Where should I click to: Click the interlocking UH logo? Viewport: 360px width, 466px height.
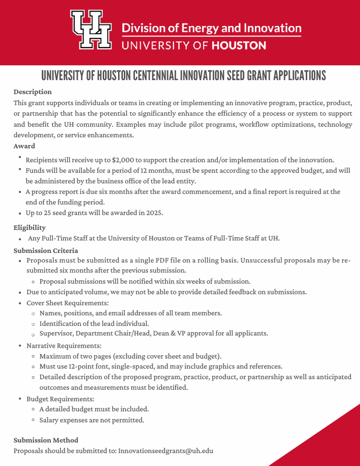[x=91, y=30]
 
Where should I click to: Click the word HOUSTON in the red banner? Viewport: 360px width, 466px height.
[x=239, y=46]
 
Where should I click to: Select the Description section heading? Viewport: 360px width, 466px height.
[x=33, y=92]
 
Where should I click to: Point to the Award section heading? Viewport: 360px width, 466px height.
[x=24, y=146]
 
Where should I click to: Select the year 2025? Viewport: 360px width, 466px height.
[x=153, y=213]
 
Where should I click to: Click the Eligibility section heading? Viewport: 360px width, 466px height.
[x=30, y=227]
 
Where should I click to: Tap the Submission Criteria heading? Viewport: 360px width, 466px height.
[x=46, y=251]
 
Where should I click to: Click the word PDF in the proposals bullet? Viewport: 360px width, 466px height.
[x=163, y=261]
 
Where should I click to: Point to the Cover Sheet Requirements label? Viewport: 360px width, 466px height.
[x=68, y=303]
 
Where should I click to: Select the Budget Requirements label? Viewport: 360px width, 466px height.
[x=60, y=399]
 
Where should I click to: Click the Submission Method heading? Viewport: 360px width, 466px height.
[x=46, y=440]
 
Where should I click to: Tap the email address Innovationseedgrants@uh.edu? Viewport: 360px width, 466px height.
[x=166, y=451]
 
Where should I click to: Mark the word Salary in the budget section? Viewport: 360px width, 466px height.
[x=50, y=420]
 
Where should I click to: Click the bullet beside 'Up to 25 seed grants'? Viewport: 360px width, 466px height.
[x=20, y=213]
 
